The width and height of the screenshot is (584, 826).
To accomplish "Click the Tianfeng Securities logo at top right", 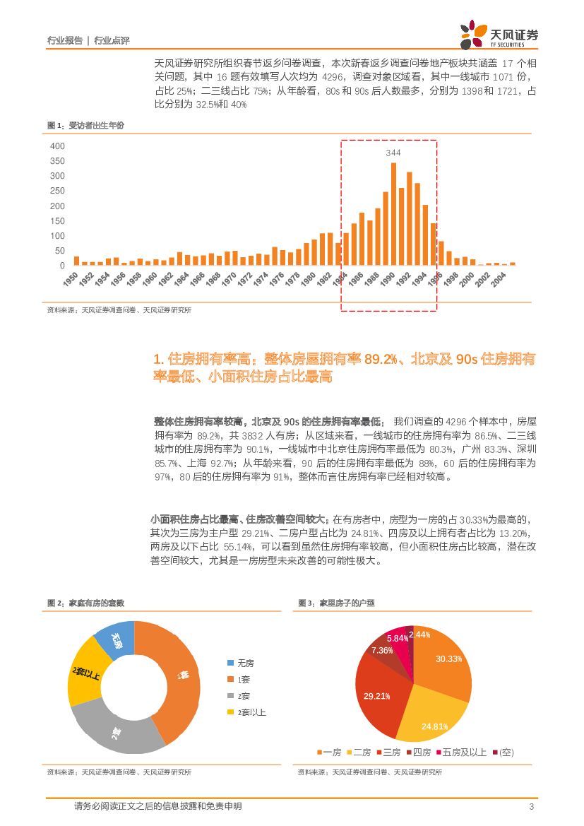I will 499,33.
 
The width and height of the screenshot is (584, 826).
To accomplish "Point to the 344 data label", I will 393,153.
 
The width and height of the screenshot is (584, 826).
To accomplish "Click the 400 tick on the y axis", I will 57,146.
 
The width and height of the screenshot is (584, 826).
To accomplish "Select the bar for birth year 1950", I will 76,261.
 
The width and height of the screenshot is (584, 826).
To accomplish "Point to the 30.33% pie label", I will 448,659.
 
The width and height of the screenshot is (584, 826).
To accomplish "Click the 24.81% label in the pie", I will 435,726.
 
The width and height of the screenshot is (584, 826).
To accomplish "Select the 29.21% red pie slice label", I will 377,696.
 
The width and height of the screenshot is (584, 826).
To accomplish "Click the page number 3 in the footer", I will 531,807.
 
